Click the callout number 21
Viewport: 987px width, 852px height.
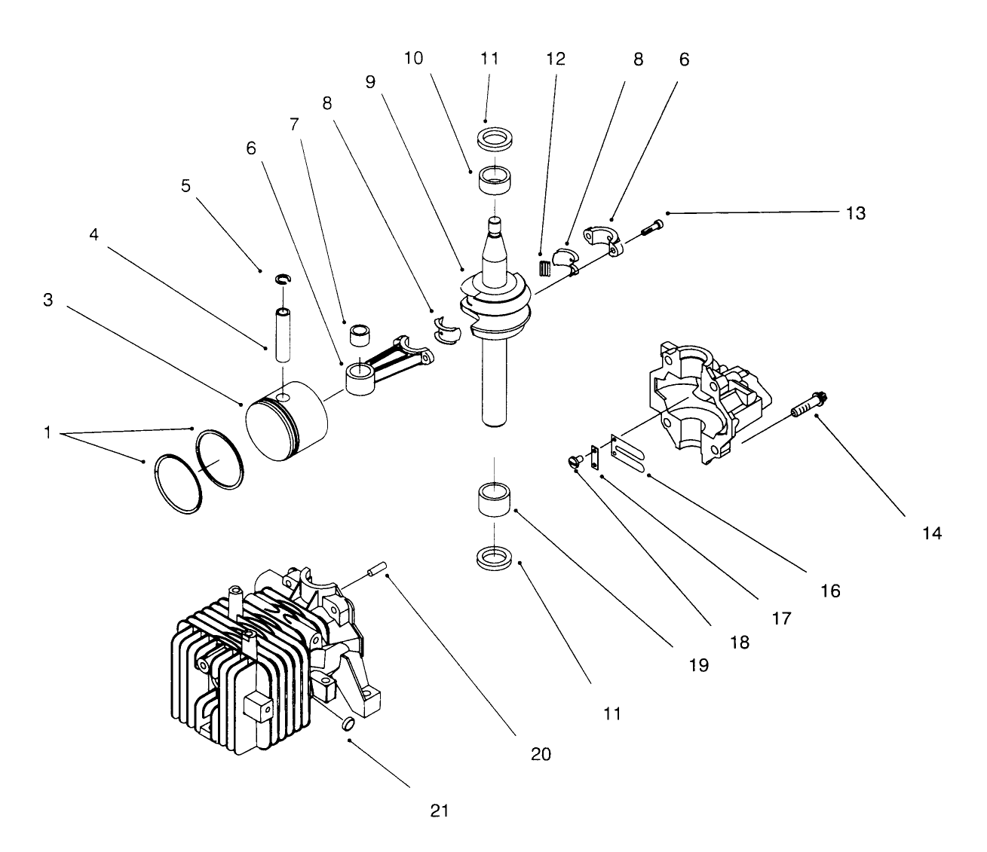point(440,811)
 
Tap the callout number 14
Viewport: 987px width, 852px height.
point(932,533)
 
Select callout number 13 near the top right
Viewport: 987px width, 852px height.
point(855,214)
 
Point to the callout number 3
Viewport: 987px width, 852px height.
point(48,300)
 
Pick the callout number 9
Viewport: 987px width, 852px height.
point(370,82)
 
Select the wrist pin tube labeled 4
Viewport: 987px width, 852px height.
point(284,334)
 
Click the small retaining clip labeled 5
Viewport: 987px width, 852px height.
point(283,279)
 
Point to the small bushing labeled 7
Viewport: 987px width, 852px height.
point(359,332)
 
